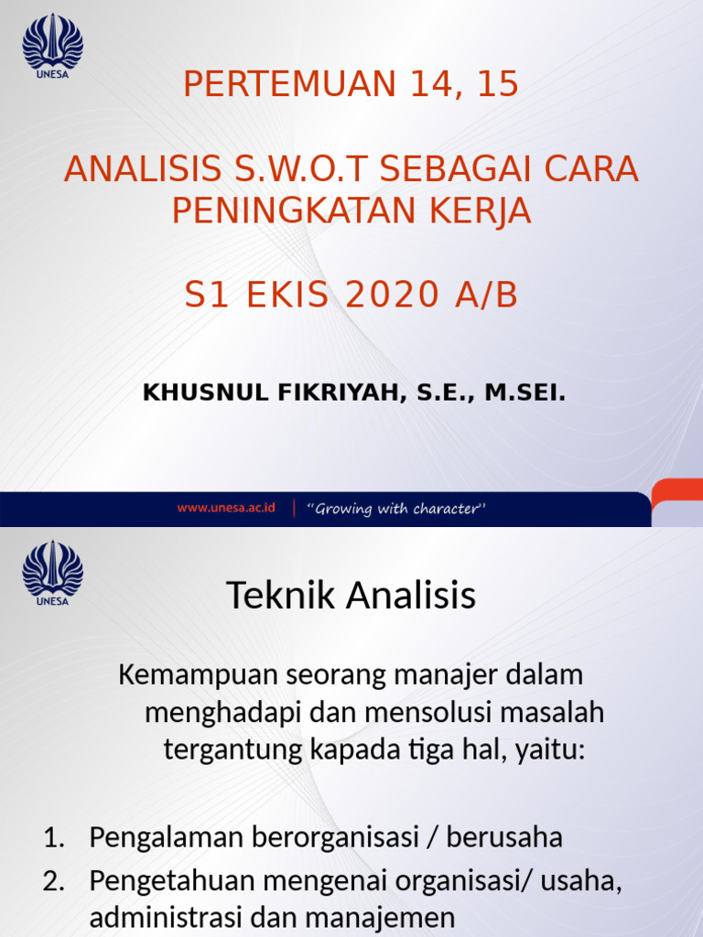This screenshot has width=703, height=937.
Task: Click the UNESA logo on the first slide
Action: coord(52,46)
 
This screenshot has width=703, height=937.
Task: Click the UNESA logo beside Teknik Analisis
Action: coord(52,573)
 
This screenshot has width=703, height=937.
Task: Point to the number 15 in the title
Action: coord(497,84)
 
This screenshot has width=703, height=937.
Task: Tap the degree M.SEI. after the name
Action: coord(525,393)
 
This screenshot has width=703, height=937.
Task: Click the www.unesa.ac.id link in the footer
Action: coord(226,509)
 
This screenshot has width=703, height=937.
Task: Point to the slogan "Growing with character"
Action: coord(398,509)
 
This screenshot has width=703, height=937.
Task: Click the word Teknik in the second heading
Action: coord(275,597)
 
